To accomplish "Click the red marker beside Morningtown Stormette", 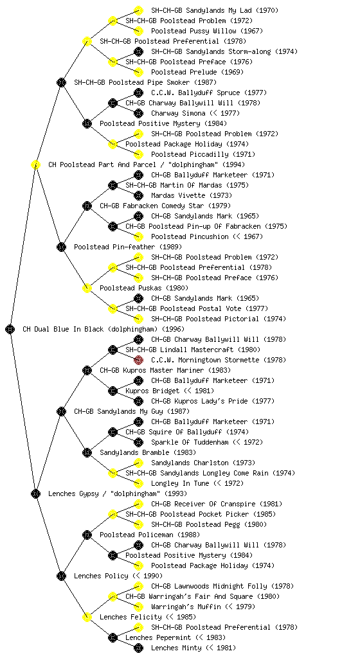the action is tap(138, 360).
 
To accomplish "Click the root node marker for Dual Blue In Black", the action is tap(10, 329).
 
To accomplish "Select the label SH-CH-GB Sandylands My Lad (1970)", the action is tap(215, 10).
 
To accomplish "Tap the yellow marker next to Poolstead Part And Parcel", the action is tap(35, 164).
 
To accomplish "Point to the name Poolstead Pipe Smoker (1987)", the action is tap(145, 82).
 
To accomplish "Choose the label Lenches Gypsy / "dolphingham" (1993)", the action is tap(118, 493).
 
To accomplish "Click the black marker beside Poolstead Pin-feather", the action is tap(61, 247).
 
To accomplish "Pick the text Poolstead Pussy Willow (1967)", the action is tap(207, 31).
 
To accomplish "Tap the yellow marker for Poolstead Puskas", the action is tap(87, 288).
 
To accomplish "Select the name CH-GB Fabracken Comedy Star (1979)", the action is tap(165, 206).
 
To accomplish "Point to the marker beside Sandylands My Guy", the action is tap(61, 411).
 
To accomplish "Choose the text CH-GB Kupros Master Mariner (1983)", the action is tap(165, 370).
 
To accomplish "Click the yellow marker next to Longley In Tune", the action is tap(138, 483).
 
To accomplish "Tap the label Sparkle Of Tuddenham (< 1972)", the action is tap(207, 442).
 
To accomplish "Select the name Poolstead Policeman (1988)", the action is tap(150, 535).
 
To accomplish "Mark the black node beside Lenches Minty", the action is tap(138, 648).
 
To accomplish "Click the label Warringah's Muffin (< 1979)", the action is tap(203, 607).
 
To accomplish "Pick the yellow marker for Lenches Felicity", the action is tap(87, 617).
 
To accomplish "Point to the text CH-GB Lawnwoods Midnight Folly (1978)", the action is tap(222, 586).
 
